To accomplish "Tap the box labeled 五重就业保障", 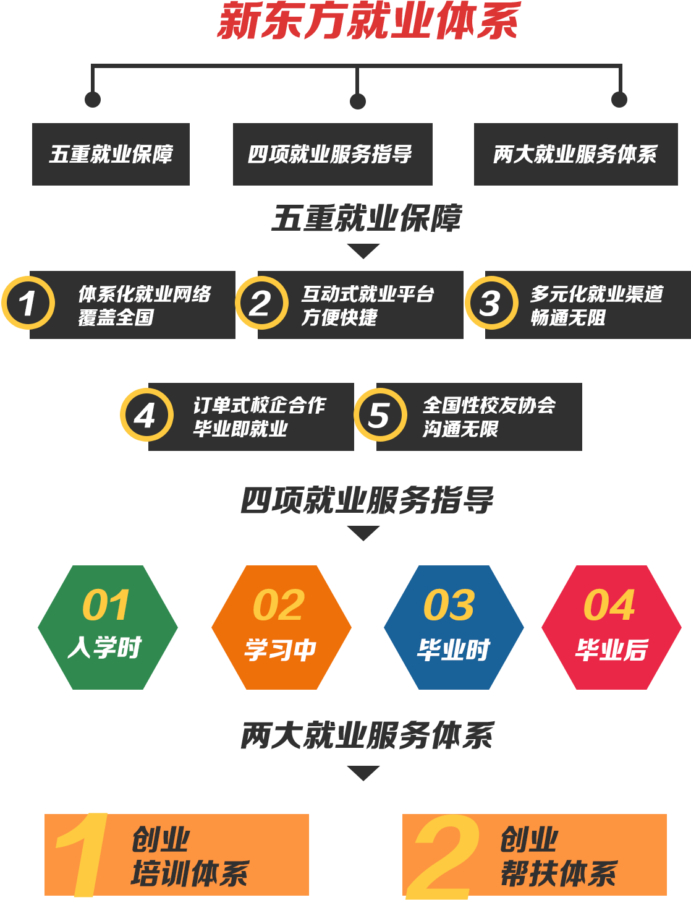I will point(111,154).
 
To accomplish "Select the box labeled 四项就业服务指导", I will point(332,154).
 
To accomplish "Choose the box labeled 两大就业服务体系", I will point(575,154).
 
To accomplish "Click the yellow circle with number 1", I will point(28,303).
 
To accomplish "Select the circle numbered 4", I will point(146,414).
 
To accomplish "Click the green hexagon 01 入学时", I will point(108,627).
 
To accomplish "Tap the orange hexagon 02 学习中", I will point(281,627).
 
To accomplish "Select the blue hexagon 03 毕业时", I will point(454,627).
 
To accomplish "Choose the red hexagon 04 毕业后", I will point(611,627).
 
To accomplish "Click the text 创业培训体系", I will point(189,857).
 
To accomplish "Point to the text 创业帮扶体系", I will point(558,857).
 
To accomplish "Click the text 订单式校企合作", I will point(260,405).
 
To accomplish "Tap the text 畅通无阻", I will point(568,317).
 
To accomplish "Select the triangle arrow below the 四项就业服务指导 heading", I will point(363,533).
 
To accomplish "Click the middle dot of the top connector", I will point(358,101).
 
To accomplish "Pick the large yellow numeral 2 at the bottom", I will point(444,857).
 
